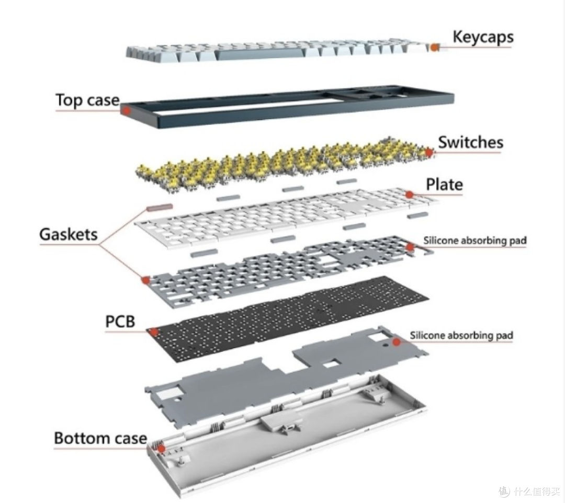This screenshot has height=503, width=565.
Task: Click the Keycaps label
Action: click(x=483, y=38)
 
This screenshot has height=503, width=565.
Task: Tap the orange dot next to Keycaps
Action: click(x=435, y=47)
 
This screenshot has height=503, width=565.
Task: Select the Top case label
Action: click(x=87, y=100)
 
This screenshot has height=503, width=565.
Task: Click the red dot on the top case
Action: click(x=126, y=110)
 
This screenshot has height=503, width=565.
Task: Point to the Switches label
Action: click(x=471, y=142)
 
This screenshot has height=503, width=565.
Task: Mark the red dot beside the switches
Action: click(x=428, y=152)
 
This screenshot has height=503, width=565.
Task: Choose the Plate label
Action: click(x=444, y=185)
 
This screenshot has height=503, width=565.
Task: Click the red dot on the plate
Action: click(x=409, y=195)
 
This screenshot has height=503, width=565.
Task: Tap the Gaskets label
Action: click(x=69, y=234)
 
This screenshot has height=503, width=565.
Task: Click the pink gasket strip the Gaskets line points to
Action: click(x=160, y=208)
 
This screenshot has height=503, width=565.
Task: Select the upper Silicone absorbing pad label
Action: click(x=475, y=240)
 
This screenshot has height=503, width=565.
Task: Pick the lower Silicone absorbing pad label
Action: click(x=461, y=335)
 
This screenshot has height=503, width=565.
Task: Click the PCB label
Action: click(x=120, y=322)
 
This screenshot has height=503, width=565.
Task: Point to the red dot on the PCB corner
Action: click(x=154, y=331)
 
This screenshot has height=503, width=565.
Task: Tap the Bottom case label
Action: click(x=100, y=438)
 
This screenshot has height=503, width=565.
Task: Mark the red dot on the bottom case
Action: click(x=162, y=449)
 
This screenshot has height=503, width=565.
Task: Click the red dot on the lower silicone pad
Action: click(x=397, y=342)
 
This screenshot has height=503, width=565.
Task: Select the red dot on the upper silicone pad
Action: click(x=410, y=247)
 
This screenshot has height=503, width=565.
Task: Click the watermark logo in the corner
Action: click(x=505, y=490)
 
